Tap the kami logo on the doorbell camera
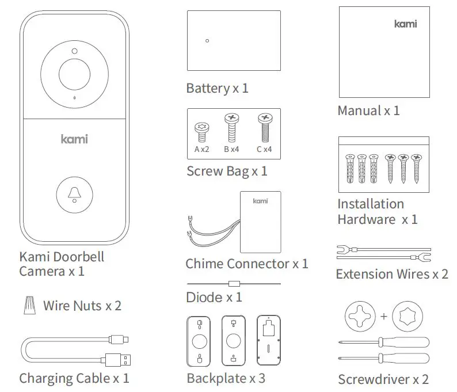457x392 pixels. pyautogui.click(x=74, y=139)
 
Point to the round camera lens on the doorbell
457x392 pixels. pyautogui.click(x=75, y=74)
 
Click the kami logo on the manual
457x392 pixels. pyautogui.click(x=406, y=24)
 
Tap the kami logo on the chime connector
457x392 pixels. pyautogui.click(x=261, y=201)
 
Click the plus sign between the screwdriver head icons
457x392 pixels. pyautogui.click(x=383, y=316)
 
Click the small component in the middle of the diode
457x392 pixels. pyautogui.click(x=233, y=283)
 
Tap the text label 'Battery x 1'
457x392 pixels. pyautogui.click(x=217, y=89)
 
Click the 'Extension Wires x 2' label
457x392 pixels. pyautogui.click(x=391, y=274)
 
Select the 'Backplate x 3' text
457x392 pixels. pyautogui.click(x=226, y=378)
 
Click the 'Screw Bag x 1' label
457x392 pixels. pyautogui.click(x=227, y=171)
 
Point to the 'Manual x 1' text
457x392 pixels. pyautogui.click(x=368, y=111)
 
